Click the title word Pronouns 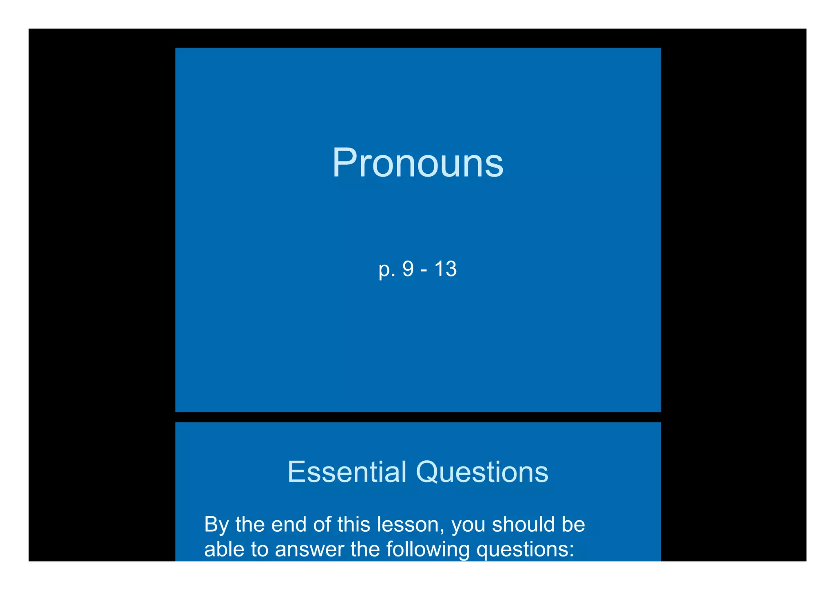coord(417,163)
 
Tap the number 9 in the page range coord(408,269)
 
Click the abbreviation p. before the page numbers coord(387,270)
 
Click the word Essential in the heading coord(347,472)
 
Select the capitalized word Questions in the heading coord(482,473)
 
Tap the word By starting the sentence coord(216,525)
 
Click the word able coord(223,549)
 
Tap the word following coord(428,550)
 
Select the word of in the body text coord(322,524)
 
